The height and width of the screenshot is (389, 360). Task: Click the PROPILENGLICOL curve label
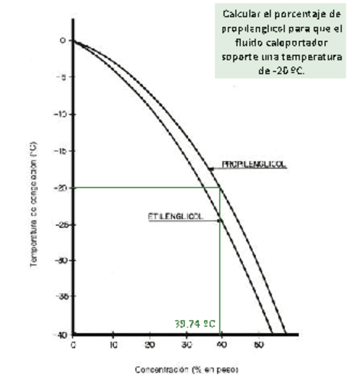click(x=254, y=164)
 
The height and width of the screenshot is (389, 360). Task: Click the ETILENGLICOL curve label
click(x=176, y=216)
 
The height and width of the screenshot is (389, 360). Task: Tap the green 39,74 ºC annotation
click(x=195, y=323)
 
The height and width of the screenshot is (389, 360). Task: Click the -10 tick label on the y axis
click(x=61, y=114)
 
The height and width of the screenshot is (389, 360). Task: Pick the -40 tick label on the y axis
click(x=61, y=334)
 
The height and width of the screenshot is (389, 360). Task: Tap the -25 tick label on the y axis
click(x=61, y=224)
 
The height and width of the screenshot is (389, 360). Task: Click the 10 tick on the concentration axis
click(x=113, y=345)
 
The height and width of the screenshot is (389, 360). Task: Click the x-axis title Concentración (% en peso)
click(x=186, y=370)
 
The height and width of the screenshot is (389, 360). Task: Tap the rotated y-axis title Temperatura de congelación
click(x=33, y=205)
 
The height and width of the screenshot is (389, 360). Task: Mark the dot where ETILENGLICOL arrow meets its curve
click(x=219, y=221)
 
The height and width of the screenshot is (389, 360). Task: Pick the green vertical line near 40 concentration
click(x=220, y=275)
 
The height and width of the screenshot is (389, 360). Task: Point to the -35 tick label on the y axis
click(x=61, y=296)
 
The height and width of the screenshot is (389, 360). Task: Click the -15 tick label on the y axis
click(x=61, y=151)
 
